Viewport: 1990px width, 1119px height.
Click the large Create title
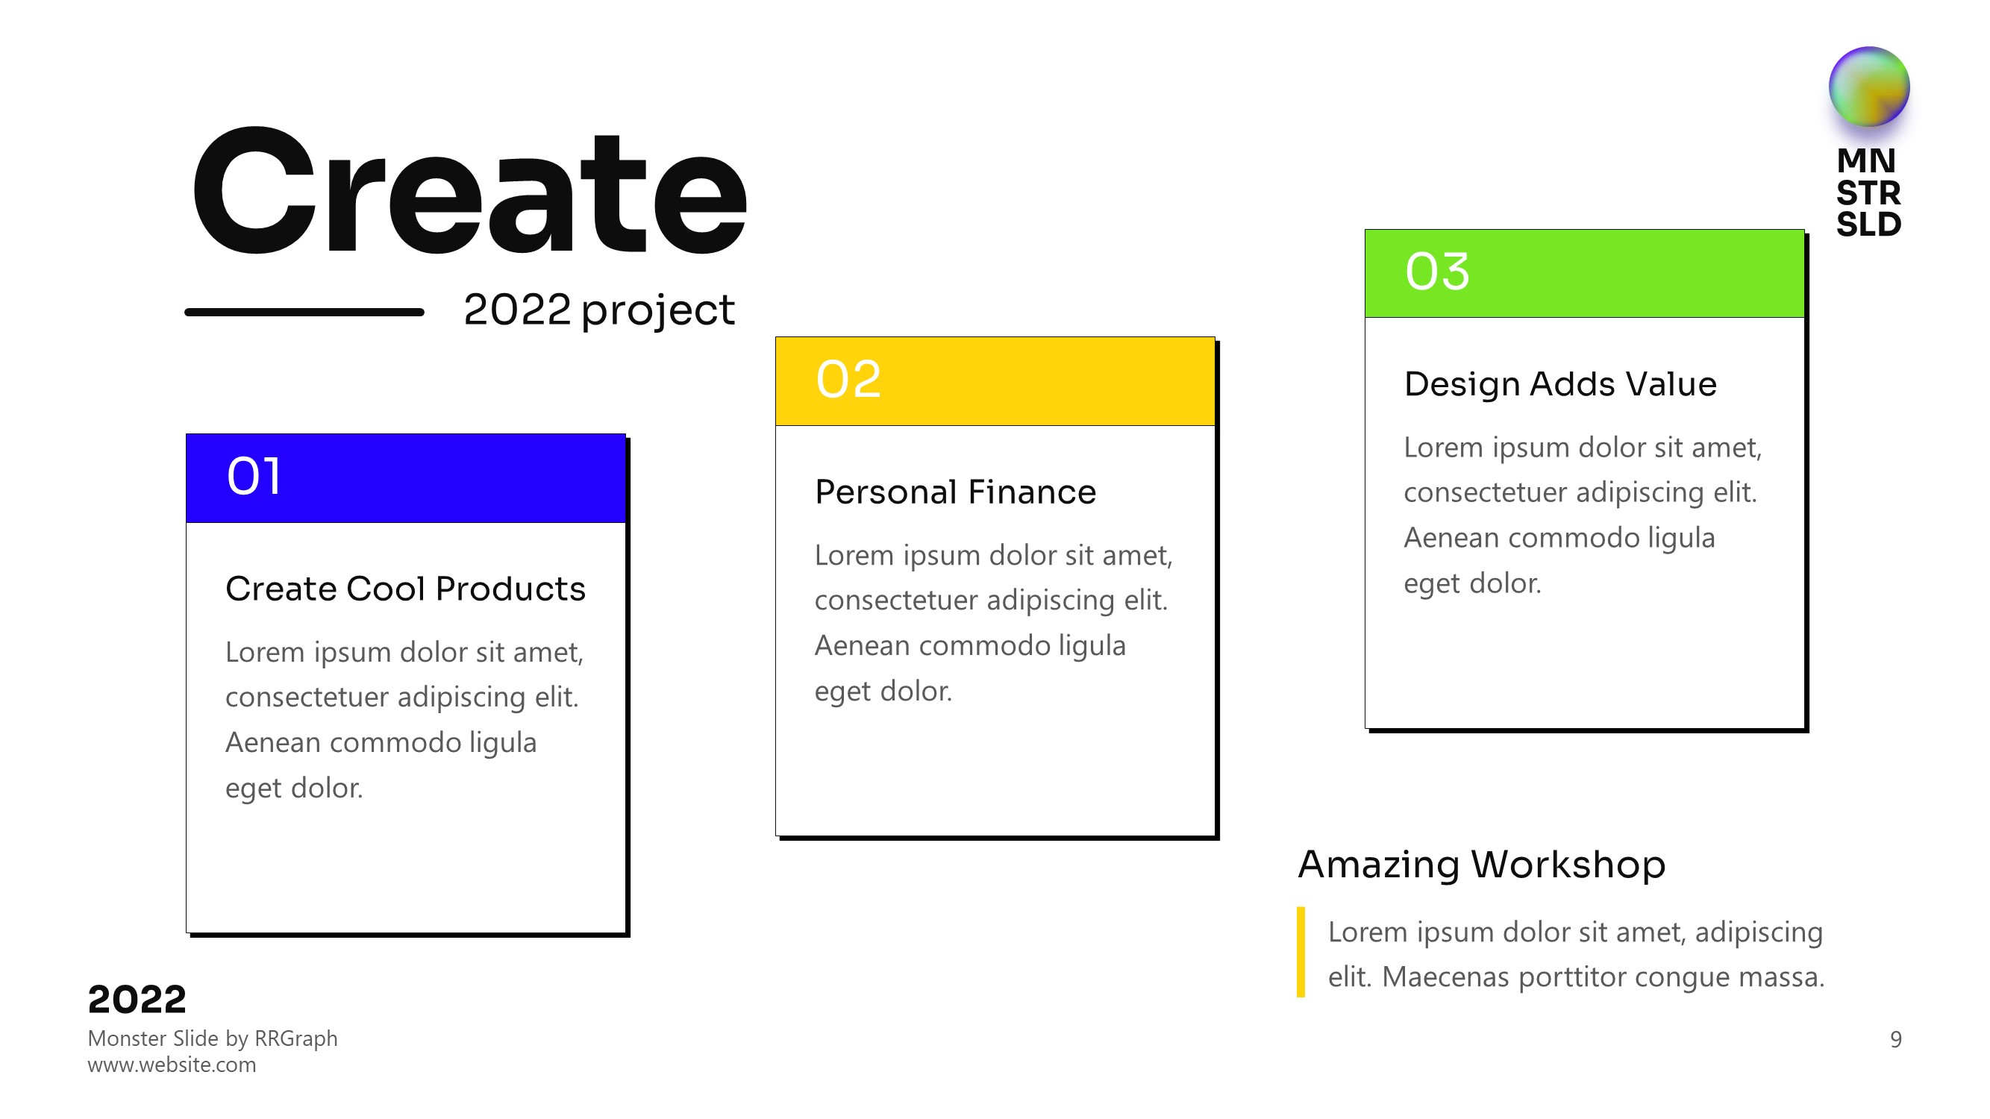coord(469,191)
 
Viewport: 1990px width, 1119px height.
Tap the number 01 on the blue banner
coord(254,476)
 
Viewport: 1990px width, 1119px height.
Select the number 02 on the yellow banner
coord(848,379)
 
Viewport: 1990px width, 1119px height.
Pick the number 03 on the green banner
coord(1437,272)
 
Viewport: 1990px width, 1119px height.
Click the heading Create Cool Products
coord(406,589)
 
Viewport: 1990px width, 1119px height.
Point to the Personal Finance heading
coord(956,492)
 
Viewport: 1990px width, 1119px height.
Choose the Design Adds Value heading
coord(1560,383)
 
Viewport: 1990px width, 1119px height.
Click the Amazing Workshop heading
coord(1482,864)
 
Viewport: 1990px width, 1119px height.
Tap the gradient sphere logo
coord(1868,87)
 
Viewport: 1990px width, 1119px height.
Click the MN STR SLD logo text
coord(1868,192)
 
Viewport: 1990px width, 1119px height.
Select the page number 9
coord(1896,1039)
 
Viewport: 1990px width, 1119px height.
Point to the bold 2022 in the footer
coord(137,1000)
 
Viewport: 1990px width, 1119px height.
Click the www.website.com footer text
coord(172,1065)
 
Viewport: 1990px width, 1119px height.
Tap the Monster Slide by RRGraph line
coord(213,1038)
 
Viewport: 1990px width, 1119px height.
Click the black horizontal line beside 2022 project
coord(304,312)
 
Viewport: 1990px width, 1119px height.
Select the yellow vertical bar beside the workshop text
coord(1301,952)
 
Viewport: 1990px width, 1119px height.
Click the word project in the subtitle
coord(657,311)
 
